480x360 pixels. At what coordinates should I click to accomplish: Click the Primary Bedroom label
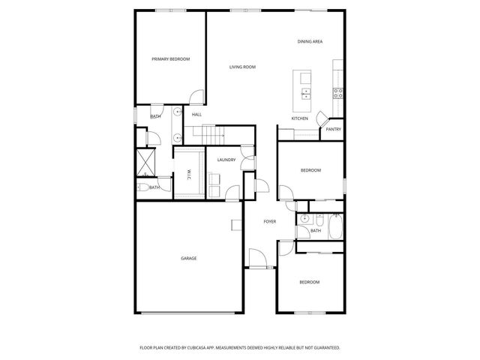pos(170,59)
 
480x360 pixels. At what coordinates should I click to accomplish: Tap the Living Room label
pos(242,67)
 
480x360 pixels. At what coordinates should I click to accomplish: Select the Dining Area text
pos(310,41)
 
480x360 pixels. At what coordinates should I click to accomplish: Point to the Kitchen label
pos(300,118)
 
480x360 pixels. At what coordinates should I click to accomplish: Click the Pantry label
pos(334,129)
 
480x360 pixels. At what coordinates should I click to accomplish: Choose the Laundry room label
pos(226,160)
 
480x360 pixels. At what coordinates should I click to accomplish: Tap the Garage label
pos(188,258)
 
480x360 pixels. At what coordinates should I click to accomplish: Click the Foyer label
pos(270,221)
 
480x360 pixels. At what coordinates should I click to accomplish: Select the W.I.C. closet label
pos(189,175)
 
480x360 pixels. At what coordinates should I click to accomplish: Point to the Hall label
pos(196,114)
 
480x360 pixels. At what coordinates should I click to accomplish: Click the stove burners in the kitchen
pos(338,93)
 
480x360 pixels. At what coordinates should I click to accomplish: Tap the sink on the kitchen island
pos(307,93)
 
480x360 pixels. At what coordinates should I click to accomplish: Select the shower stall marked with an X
pos(145,161)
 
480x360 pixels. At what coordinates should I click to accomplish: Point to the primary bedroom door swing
pos(196,97)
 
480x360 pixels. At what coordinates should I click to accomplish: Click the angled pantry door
pos(322,118)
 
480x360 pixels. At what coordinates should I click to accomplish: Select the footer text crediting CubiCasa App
pos(240,348)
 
